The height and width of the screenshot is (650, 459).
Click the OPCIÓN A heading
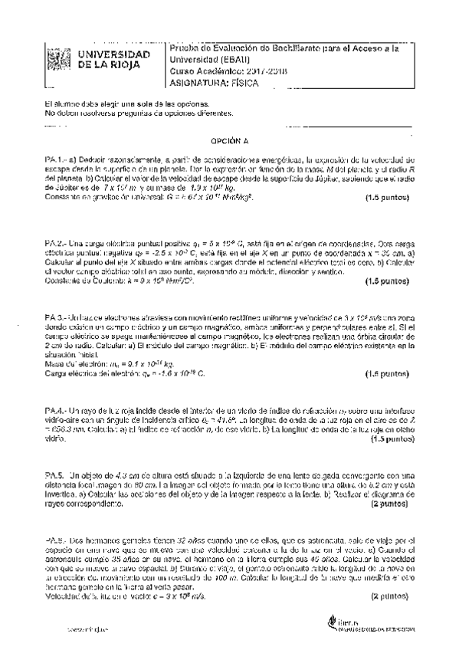[x=230, y=142]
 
